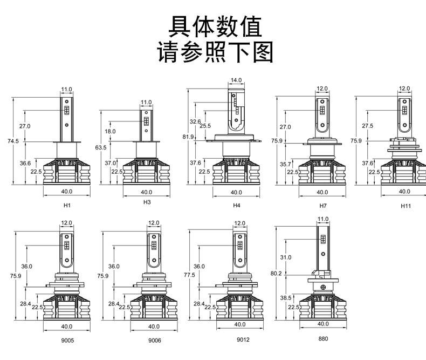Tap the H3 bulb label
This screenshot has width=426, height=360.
coord(147,202)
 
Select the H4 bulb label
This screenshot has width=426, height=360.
coord(236,206)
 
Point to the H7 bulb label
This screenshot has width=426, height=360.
coord(323,206)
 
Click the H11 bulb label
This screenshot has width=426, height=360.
coord(406,206)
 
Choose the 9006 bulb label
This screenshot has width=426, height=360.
coord(154,341)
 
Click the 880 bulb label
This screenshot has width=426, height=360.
coord(323,338)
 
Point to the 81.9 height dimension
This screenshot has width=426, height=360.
coord(188,137)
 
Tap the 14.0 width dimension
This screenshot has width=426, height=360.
coord(236,80)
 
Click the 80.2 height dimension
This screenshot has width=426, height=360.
coord(276,274)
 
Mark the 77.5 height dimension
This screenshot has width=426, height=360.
coord(189,275)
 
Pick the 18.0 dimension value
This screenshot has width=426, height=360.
coord(110,132)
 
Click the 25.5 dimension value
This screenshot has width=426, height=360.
coord(205,126)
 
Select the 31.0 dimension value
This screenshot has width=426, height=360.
coord(285,257)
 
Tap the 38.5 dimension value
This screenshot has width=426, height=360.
coord(286,297)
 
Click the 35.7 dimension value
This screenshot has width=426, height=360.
coord(285,164)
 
